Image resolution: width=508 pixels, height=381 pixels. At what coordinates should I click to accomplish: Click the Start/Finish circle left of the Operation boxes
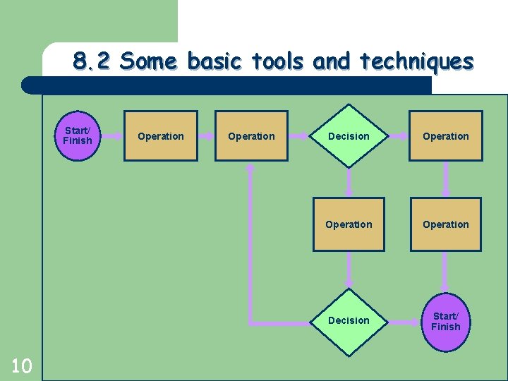pyautogui.click(x=77, y=135)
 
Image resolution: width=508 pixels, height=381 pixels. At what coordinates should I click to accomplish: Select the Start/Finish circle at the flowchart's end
pyautogui.click(x=445, y=322)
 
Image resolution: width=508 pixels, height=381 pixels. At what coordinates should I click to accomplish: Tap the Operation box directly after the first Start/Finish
pyautogui.click(x=161, y=136)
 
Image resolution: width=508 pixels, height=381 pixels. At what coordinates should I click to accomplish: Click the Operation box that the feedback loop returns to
pyautogui.click(x=251, y=136)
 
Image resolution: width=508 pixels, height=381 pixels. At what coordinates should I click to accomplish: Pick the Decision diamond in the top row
pyautogui.click(x=349, y=136)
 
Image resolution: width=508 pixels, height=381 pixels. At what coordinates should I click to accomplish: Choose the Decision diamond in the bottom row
pyautogui.click(x=349, y=320)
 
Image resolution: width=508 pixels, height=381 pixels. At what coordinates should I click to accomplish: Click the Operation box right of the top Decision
pyautogui.click(x=445, y=136)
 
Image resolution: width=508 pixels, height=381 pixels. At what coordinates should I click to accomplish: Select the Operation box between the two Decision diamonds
pyautogui.click(x=349, y=224)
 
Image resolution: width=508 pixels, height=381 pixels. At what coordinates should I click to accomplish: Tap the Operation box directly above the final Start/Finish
pyautogui.click(x=445, y=224)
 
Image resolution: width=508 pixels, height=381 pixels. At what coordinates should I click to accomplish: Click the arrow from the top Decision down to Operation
pyautogui.click(x=349, y=182)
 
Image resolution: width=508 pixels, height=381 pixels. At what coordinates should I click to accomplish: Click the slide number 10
pyautogui.click(x=22, y=365)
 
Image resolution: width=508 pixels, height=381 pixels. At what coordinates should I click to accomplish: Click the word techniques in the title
pyautogui.click(x=416, y=62)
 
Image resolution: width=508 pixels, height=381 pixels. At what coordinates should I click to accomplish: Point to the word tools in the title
pyautogui.click(x=279, y=62)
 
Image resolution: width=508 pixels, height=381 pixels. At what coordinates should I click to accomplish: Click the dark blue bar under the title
pyautogui.click(x=226, y=85)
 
